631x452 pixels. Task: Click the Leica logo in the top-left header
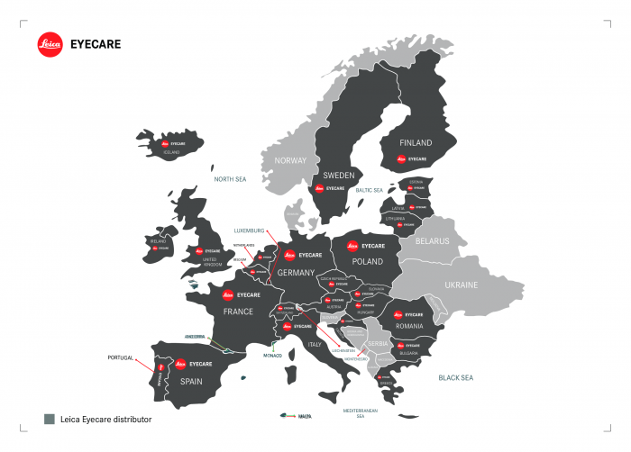click(50, 45)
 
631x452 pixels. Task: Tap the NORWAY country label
click(290, 160)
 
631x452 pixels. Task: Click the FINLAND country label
click(416, 143)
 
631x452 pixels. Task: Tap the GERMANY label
click(296, 272)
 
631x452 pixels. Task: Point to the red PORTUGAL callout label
click(121, 357)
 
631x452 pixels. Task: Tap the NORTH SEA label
click(230, 180)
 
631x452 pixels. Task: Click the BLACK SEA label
click(455, 378)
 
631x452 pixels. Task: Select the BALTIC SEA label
click(370, 191)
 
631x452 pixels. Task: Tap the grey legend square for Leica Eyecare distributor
click(50, 419)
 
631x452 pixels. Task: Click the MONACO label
click(273, 356)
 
